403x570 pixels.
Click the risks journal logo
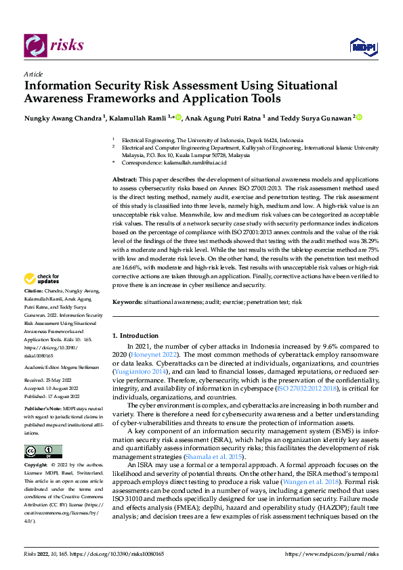tap(54, 45)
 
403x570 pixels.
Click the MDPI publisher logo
tap(362, 45)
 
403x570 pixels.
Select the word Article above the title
tap(33, 74)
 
